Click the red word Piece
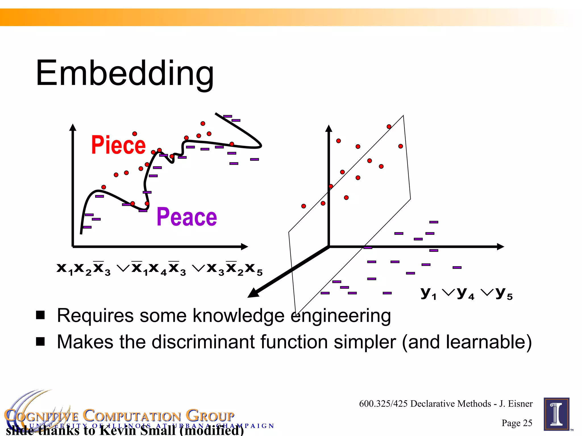118,145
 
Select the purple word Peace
187,217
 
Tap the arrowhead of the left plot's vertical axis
73,127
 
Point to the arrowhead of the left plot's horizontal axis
244,247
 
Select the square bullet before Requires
40,315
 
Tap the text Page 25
517,423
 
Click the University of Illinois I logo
556,414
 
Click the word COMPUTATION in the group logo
132,416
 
